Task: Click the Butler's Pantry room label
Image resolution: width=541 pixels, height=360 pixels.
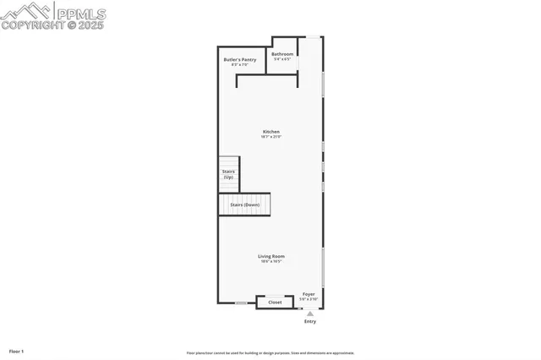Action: pos(239,60)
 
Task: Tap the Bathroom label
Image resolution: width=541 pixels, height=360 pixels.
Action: pos(282,54)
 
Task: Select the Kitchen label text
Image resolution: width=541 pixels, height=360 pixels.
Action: pos(271,132)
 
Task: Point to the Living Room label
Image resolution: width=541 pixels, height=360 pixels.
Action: pos(271,256)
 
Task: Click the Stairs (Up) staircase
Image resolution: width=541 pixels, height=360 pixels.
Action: pos(228,174)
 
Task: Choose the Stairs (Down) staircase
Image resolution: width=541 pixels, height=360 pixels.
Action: pos(244,205)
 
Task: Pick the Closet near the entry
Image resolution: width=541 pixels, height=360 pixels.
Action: pos(275,302)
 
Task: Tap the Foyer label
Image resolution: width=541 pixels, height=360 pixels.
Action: pos(309,294)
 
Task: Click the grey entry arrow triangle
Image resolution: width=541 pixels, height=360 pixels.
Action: pos(309,314)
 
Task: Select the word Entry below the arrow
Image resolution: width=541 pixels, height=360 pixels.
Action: pos(310,322)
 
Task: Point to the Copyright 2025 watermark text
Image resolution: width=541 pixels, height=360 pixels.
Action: pos(50,25)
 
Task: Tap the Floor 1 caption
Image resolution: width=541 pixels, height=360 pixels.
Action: pos(17,351)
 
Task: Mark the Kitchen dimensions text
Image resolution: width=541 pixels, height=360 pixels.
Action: pos(271,137)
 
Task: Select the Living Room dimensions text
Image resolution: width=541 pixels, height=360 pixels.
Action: pos(271,261)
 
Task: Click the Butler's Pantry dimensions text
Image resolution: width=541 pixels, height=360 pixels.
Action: pos(239,65)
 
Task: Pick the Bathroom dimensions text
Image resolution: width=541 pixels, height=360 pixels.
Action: pos(282,59)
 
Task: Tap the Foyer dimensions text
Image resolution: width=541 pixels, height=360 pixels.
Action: pos(309,299)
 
